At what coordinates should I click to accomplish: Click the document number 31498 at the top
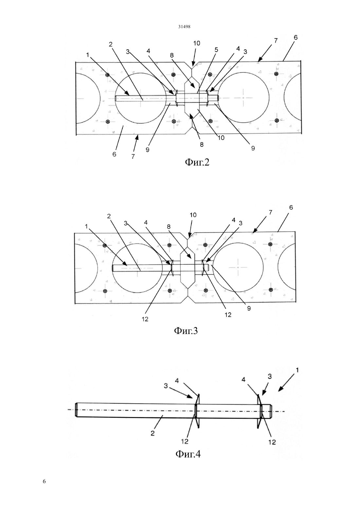tap(184, 27)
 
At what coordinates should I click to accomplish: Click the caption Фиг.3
tap(186, 331)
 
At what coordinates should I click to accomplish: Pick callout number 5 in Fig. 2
tap(216, 50)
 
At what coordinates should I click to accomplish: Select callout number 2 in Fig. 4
tap(152, 433)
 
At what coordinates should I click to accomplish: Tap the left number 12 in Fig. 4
tap(185, 441)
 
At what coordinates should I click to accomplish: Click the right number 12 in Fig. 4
tap(272, 442)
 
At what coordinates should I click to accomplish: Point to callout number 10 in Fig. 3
tap(193, 215)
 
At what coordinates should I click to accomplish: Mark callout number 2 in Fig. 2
tap(111, 44)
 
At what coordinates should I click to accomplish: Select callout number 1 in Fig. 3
tap(86, 226)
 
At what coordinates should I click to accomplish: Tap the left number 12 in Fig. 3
tap(145, 319)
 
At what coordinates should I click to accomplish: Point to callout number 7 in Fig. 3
tap(270, 213)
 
